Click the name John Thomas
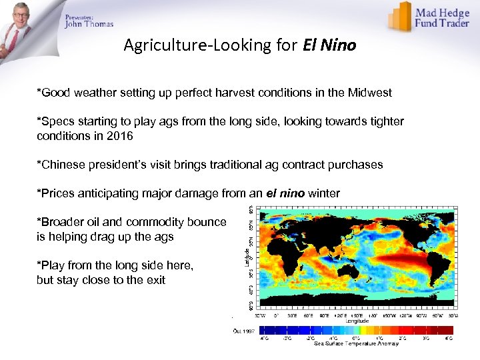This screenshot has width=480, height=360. (x=89, y=25)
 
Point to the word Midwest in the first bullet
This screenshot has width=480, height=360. (x=369, y=93)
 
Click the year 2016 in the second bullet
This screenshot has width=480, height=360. (x=120, y=136)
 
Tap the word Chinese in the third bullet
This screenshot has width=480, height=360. (x=62, y=165)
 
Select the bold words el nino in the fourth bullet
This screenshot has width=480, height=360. (x=285, y=193)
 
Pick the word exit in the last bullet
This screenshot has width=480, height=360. (x=155, y=280)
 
